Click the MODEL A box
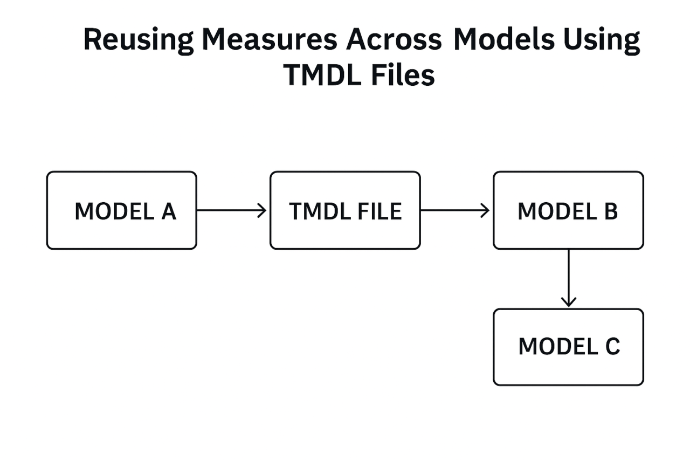tap(121, 210)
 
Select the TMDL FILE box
tap(345, 210)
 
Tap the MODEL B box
tap(568, 210)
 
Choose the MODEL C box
tap(568, 347)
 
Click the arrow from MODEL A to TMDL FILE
tap(232, 210)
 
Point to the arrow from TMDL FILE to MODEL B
tap(455, 210)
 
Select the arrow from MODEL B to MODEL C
tap(568, 278)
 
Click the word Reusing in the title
tap(138, 41)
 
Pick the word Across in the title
tap(394, 41)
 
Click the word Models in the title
tap(505, 41)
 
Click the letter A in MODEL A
tap(168, 211)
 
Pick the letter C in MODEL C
tap(612, 347)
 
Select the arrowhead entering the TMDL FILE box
tap(262, 210)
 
